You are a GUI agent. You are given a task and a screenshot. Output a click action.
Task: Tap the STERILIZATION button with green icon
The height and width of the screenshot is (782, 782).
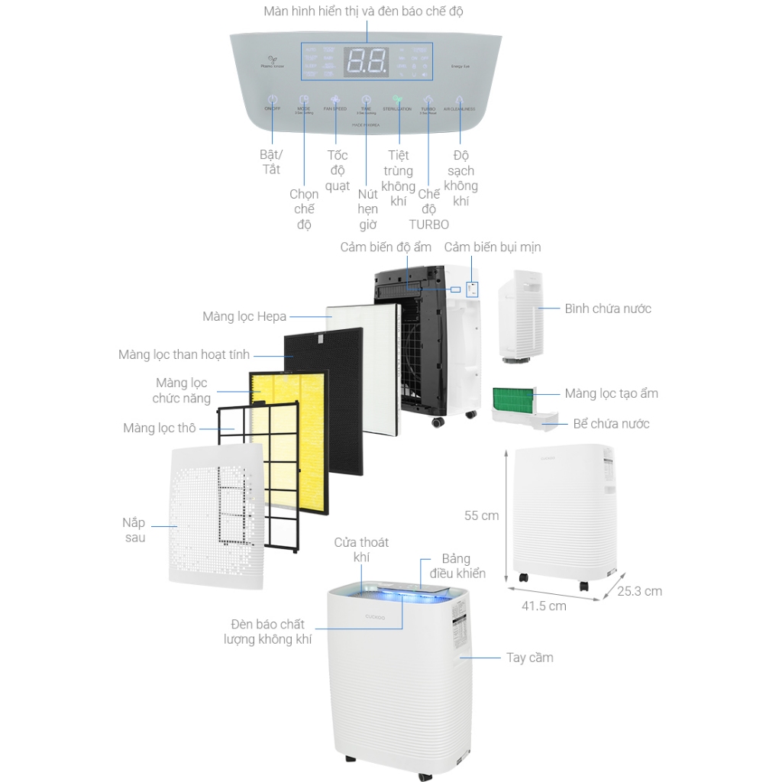click(397, 100)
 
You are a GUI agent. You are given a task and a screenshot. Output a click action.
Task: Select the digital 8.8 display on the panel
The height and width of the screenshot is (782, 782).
click(367, 61)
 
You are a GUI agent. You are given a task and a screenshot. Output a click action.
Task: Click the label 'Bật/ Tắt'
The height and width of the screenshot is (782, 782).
click(271, 162)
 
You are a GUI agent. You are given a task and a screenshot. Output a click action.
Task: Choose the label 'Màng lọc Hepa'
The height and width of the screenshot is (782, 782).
click(244, 316)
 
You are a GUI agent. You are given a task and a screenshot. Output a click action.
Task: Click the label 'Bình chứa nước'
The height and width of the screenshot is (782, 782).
click(608, 309)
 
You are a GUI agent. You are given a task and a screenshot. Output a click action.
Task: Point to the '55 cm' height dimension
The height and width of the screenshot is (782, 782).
click(481, 515)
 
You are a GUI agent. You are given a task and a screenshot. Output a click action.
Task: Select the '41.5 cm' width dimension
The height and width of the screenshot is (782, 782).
click(544, 606)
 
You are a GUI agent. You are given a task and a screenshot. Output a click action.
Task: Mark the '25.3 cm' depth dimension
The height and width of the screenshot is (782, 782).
click(640, 591)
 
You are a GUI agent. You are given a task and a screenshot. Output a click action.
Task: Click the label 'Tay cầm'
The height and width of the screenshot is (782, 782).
click(530, 658)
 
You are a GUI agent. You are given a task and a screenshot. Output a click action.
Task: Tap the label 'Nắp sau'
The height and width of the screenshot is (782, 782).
click(134, 530)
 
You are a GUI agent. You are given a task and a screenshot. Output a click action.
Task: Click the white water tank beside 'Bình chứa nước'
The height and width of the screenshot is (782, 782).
click(519, 313)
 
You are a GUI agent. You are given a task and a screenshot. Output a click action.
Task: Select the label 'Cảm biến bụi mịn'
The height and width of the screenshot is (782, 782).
click(493, 247)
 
